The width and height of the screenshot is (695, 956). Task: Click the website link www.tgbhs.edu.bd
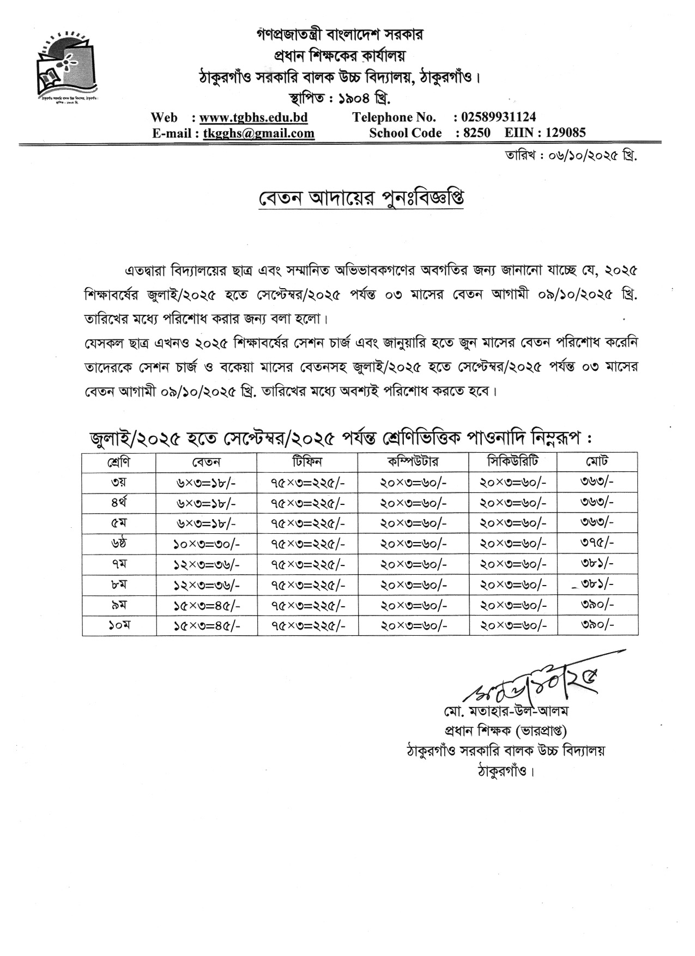click(x=253, y=118)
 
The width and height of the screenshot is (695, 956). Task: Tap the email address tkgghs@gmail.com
click(x=258, y=133)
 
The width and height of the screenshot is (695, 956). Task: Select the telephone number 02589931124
click(x=498, y=117)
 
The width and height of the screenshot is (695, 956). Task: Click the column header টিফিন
click(x=307, y=462)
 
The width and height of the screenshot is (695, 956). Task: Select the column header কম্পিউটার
click(x=413, y=462)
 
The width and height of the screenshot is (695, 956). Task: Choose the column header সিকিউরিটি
click(x=512, y=462)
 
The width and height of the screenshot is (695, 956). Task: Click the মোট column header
click(x=597, y=462)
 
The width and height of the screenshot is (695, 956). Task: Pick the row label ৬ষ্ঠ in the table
click(x=119, y=543)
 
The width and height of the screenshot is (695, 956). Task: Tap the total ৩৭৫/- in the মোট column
click(x=597, y=543)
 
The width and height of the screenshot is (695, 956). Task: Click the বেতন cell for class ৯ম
click(x=206, y=605)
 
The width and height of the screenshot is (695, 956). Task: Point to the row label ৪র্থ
click(x=119, y=503)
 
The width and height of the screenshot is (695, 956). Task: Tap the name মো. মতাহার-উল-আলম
click(x=506, y=712)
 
